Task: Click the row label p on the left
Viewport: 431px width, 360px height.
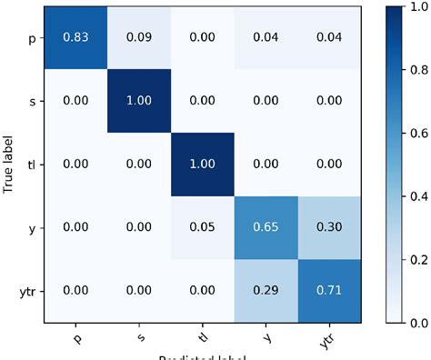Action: (x=35, y=39)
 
